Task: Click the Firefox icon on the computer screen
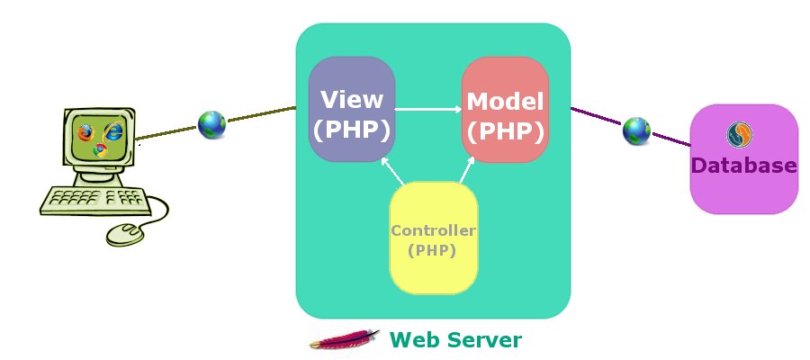pos(85,132)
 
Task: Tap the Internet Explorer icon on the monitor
pos(112,131)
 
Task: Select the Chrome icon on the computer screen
pos(100,149)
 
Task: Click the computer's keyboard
pos(93,199)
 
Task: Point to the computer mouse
pos(124,234)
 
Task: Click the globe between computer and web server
pos(211,124)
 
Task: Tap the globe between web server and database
pos(636,131)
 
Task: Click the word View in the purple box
pos(352,99)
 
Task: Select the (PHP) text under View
pos(352,130)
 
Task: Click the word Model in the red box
pos(506,101)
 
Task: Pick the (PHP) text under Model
pos(506,131)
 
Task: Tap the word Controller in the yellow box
pos(433,230)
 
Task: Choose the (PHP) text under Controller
pos(432,250)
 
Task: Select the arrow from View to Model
pos(427,110)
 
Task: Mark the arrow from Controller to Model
pos(465,170)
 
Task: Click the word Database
pos(743,166)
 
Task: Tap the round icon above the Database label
pos(740,136)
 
